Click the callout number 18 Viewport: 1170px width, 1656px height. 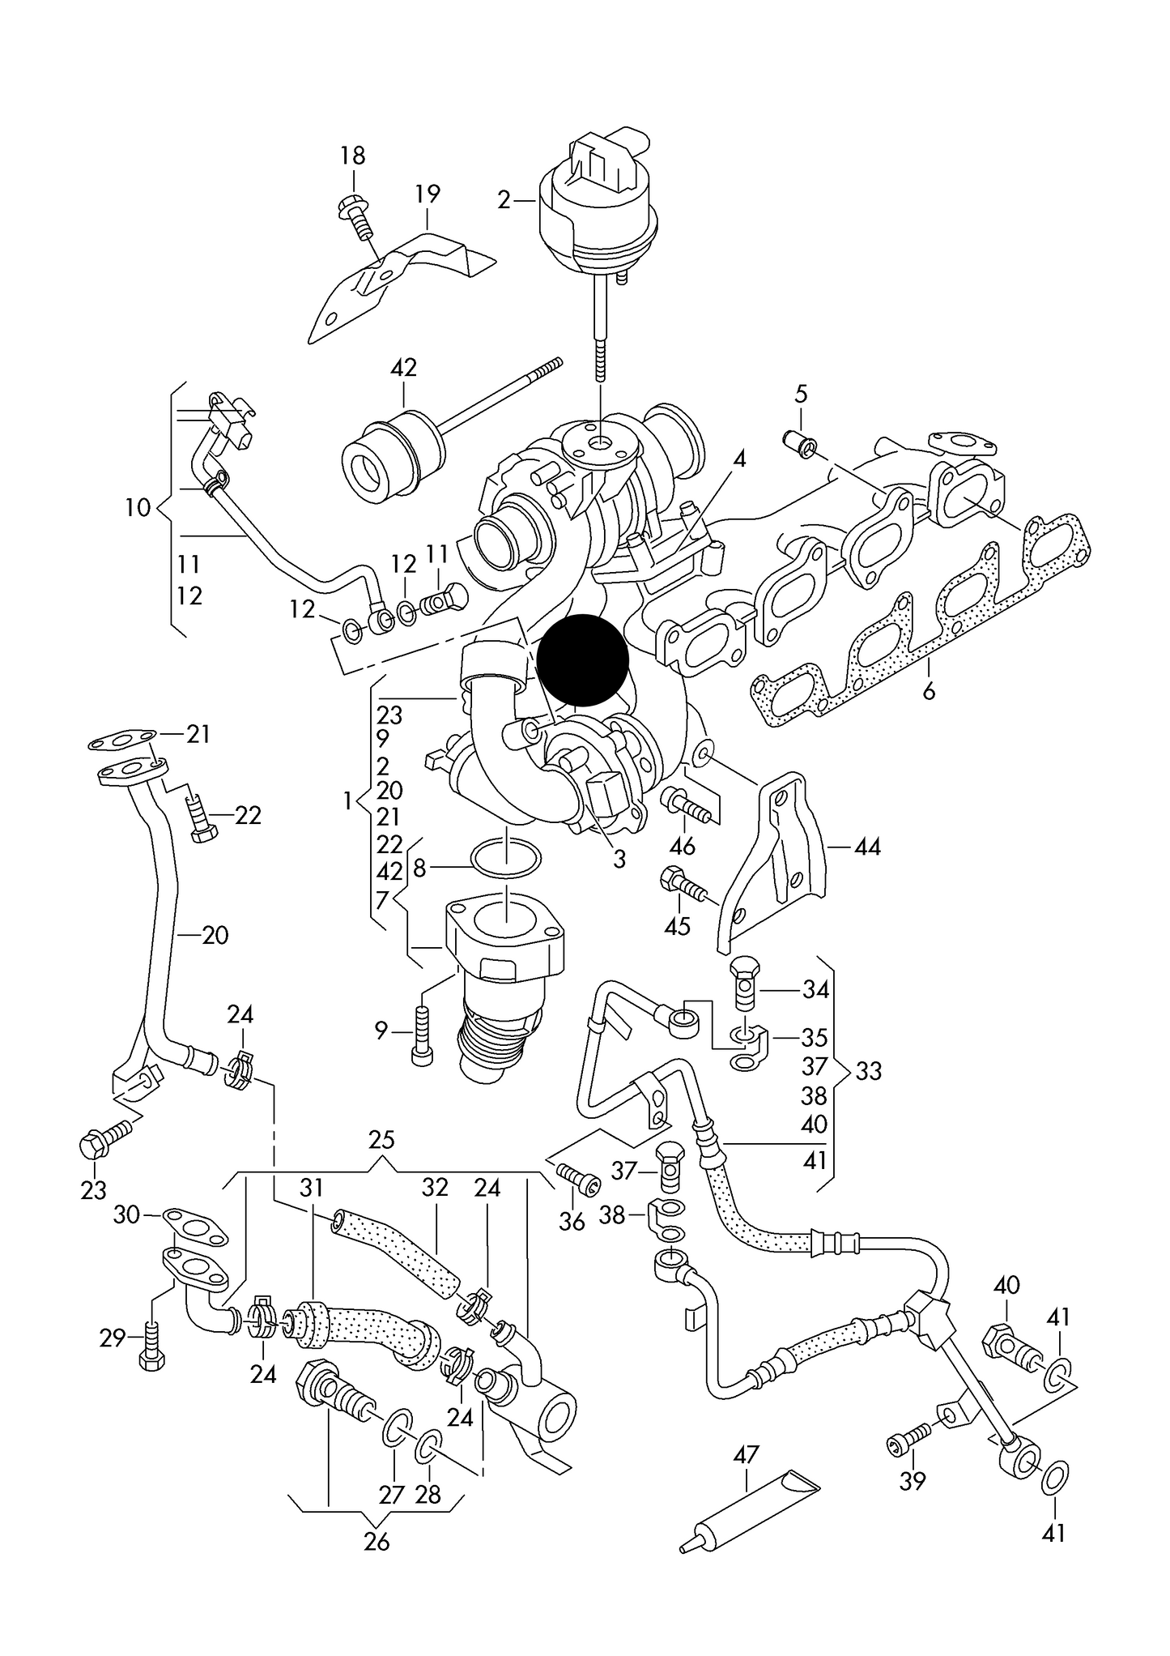[352, 156]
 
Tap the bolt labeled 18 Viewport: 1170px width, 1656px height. [356, 214]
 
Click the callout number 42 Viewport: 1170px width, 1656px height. [403, 368]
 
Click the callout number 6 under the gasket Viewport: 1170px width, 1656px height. [929, 691]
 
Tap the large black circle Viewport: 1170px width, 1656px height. [583, 659]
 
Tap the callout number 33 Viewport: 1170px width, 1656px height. [868, 1071]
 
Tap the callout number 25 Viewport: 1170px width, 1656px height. [381, 1141]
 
